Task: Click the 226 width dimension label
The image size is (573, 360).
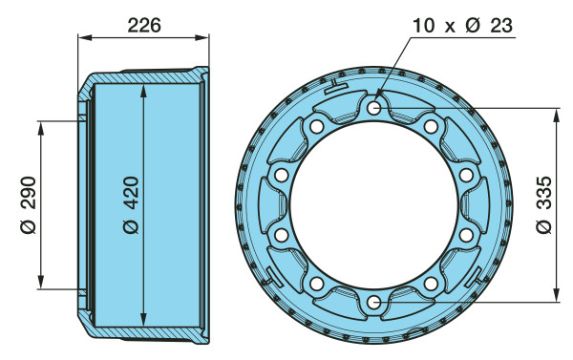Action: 144,26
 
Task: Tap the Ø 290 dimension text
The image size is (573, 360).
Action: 29,204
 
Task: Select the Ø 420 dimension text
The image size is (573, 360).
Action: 131,204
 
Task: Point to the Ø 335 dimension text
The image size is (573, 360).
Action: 544,204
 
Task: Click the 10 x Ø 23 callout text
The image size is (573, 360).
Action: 462,26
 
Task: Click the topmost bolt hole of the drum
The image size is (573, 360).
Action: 373,108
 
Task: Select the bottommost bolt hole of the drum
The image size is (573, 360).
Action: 373,303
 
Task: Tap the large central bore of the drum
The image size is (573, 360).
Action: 373,205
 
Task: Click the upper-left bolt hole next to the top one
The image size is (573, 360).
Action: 316,126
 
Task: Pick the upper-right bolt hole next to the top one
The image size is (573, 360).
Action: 431,126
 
